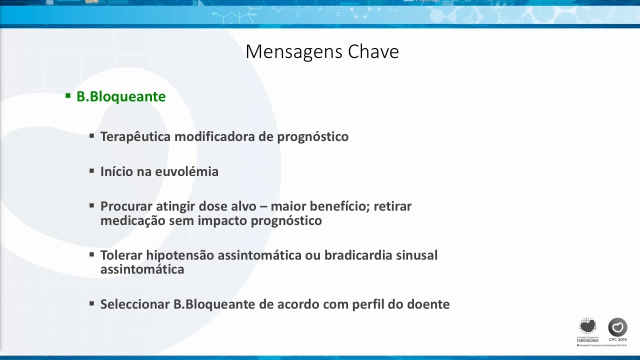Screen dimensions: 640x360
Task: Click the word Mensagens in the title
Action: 294,52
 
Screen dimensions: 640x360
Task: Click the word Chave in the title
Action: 373,51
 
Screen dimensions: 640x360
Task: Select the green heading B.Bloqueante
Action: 121,97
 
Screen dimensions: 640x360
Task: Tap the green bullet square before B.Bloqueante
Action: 68,95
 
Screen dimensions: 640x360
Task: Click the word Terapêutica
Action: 135,136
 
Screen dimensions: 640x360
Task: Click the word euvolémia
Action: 186,171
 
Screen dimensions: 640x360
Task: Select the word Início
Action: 116,171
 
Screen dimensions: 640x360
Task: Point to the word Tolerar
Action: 121,255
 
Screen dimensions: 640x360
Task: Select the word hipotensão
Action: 180,255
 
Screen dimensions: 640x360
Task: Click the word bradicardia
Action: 358,255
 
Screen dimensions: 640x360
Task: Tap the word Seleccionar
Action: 135,304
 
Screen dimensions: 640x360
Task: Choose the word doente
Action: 428,304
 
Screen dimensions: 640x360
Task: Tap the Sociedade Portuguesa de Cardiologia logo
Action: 587,330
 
